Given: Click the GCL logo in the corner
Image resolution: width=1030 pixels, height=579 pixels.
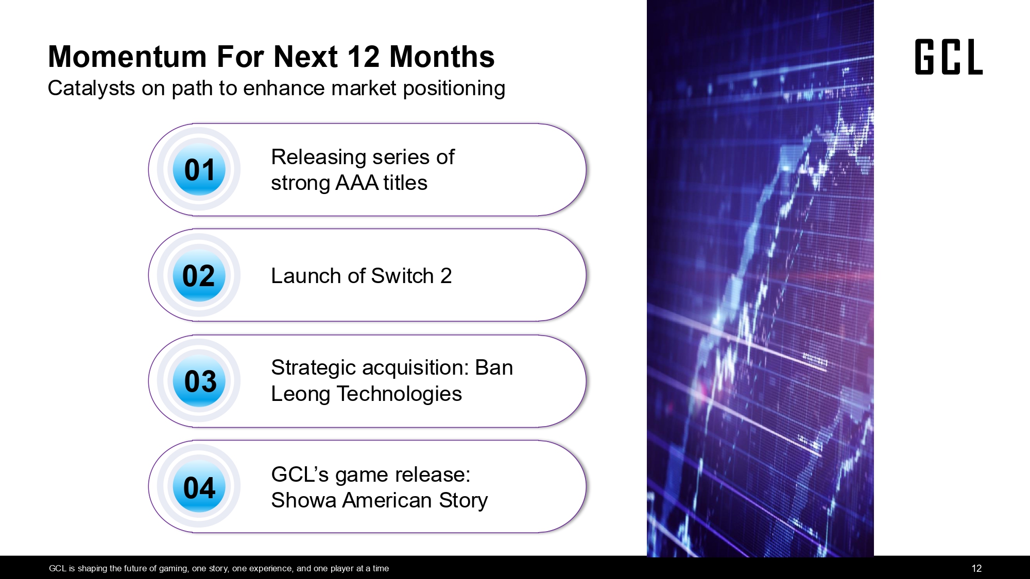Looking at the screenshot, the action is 949,57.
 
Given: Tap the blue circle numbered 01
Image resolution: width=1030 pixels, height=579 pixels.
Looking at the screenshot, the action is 199,169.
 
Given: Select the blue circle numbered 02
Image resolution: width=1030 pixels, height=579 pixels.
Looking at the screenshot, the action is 199,275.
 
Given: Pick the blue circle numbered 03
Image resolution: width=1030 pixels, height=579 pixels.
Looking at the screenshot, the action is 199,381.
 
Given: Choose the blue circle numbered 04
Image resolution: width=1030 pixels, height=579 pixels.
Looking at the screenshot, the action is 199,486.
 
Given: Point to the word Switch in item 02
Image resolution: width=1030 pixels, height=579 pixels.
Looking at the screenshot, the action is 402,276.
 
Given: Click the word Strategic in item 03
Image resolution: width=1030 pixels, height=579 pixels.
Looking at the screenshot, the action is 314,368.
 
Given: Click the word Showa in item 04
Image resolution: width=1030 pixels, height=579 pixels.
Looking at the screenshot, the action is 304,500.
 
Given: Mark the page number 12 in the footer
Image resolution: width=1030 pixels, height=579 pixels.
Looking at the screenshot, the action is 976,568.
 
